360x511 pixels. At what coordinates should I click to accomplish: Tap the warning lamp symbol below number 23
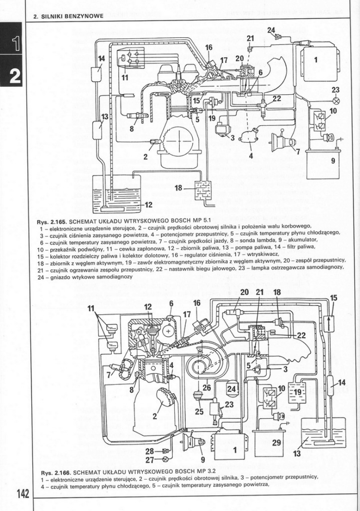tap(336, 100)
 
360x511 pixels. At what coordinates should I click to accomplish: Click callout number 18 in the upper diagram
tap(178, 188)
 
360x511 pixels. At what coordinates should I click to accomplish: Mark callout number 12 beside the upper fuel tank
tap(148, 205)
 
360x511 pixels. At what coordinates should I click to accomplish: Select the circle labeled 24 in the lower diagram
tap(232, 389)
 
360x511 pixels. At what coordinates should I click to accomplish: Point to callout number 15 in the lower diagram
tap(334, 298)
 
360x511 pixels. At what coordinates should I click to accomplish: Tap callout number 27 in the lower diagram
tap(149, 460)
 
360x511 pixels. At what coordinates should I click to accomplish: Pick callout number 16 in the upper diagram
tap(208, 47)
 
